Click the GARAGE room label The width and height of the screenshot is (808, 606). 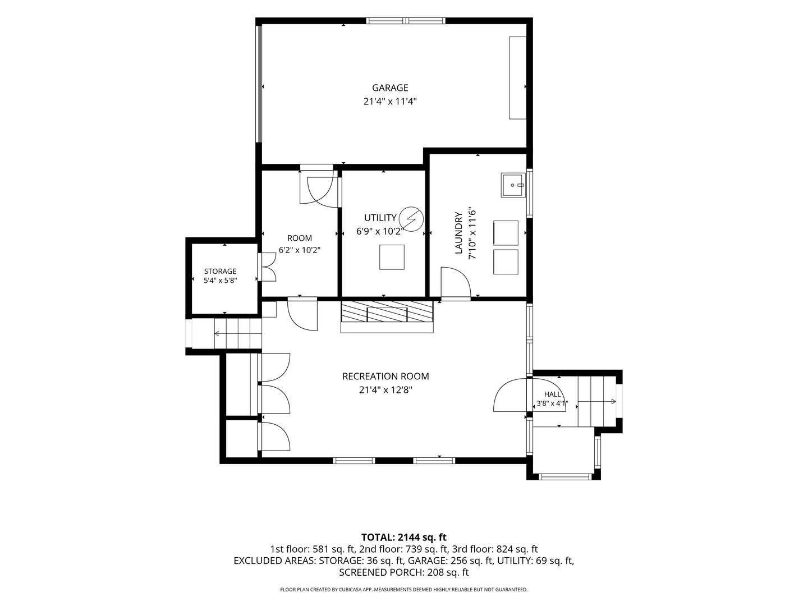(x=390, y=88)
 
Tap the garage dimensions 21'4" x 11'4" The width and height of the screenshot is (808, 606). (x=390, y=101)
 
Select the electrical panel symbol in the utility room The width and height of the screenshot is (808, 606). (x=411, y=219)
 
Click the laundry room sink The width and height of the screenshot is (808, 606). (x=514, y=185)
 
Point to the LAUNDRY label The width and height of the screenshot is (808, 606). (x=458, y=233)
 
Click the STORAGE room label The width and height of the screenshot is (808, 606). (x=220, y=272)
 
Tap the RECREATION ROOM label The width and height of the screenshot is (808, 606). (x=385, y=377)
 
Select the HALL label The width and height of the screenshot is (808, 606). (x=553, y=394)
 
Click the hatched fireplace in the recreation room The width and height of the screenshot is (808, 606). (x=387, y=311)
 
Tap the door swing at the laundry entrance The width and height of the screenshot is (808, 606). (x=456, y=282)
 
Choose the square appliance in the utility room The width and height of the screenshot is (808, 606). (x=392, y=257)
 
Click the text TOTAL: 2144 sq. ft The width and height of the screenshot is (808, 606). (x=404, y=537)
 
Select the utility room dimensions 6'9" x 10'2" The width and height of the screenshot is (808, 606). (x=380, y=231)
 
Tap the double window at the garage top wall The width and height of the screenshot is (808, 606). (x=406, y=21)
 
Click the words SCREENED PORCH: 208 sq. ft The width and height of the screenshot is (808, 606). (x=404, y=572)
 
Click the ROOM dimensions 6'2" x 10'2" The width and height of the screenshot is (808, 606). (x=300, y=250)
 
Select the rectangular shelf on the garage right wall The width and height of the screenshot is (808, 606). (x=517, y=77)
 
